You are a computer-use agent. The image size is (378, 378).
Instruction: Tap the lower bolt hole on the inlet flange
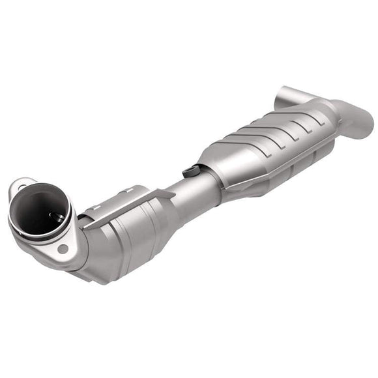coord(63,248)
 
